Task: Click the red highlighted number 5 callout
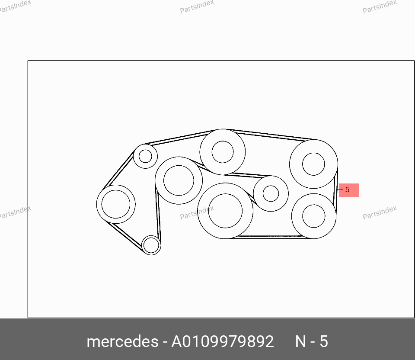click(x=348, y=190)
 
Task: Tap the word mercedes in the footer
click(x=122, y=341)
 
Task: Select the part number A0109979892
click(x=222, y=341)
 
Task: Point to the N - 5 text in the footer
click(x=312, y=341)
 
